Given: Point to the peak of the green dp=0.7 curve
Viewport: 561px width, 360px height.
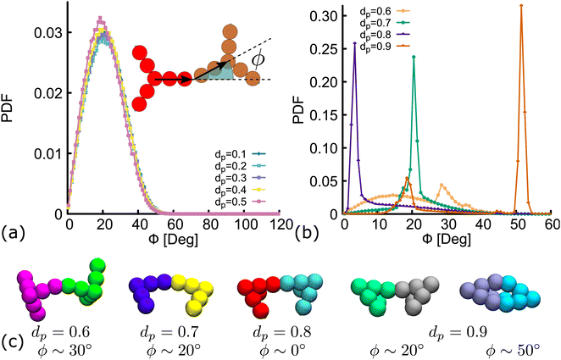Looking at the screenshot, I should click(414, 58).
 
